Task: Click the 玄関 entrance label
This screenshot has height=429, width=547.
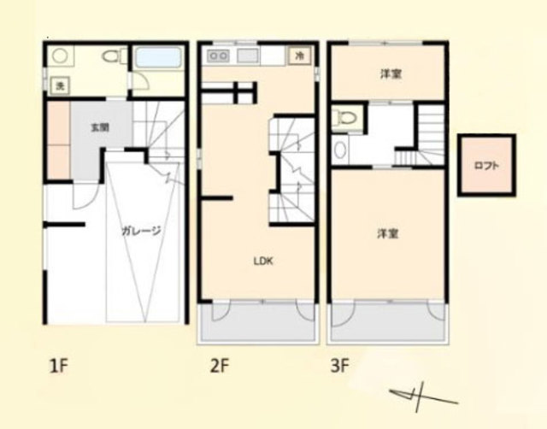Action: pos(100,127)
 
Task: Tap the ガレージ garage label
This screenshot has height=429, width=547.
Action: pos(141,231)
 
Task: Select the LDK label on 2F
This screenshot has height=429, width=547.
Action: pos(263,261)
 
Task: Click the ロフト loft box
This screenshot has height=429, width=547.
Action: pos(486,165)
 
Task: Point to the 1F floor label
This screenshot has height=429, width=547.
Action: pos(58,367)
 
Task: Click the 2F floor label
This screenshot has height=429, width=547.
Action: pos(219,367)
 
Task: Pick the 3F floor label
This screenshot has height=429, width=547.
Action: pos(339,367)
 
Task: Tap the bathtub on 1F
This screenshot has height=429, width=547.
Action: pos(158,57)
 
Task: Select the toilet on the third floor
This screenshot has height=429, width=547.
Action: pos(345,118)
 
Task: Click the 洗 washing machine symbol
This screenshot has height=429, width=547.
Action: pos(61,85)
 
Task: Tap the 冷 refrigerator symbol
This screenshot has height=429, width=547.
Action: pos(299,56)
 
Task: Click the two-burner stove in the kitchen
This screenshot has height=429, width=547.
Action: pos(218,56)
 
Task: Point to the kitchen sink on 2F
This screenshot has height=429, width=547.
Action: pos(247,56)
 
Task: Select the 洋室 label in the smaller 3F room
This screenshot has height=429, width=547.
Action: pos(391,74)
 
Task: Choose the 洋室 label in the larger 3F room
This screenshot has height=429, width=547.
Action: pos(387,233)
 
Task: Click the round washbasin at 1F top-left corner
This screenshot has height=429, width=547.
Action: pos(61,56)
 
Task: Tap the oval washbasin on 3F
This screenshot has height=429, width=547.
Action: pos(340,150)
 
